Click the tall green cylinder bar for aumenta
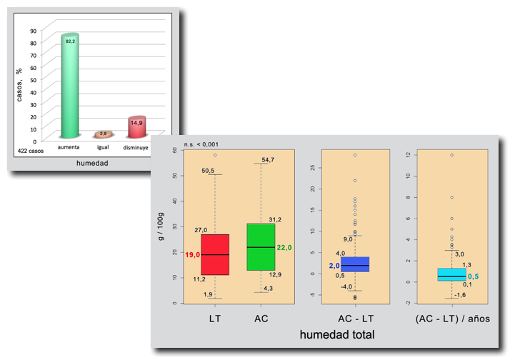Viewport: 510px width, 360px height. pos(69,86)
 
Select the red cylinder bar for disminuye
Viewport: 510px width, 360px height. pos(136,127)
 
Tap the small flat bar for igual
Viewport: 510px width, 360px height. pos(103,134)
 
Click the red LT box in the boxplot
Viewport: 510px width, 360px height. pos(215,254)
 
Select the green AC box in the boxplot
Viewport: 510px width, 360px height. pos(261,246)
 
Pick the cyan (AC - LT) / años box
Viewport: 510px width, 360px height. pos(451,274)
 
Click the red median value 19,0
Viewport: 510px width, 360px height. pos(193,255)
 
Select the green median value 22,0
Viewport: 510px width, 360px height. pos(284,247)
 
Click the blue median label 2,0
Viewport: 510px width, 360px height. pos(334,266)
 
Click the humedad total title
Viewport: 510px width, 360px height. pos(337,334)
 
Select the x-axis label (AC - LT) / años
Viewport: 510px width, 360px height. pos(451,318)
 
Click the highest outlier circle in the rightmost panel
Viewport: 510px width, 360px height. pos(451,155)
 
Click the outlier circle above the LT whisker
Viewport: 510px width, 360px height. pos(215,155)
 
